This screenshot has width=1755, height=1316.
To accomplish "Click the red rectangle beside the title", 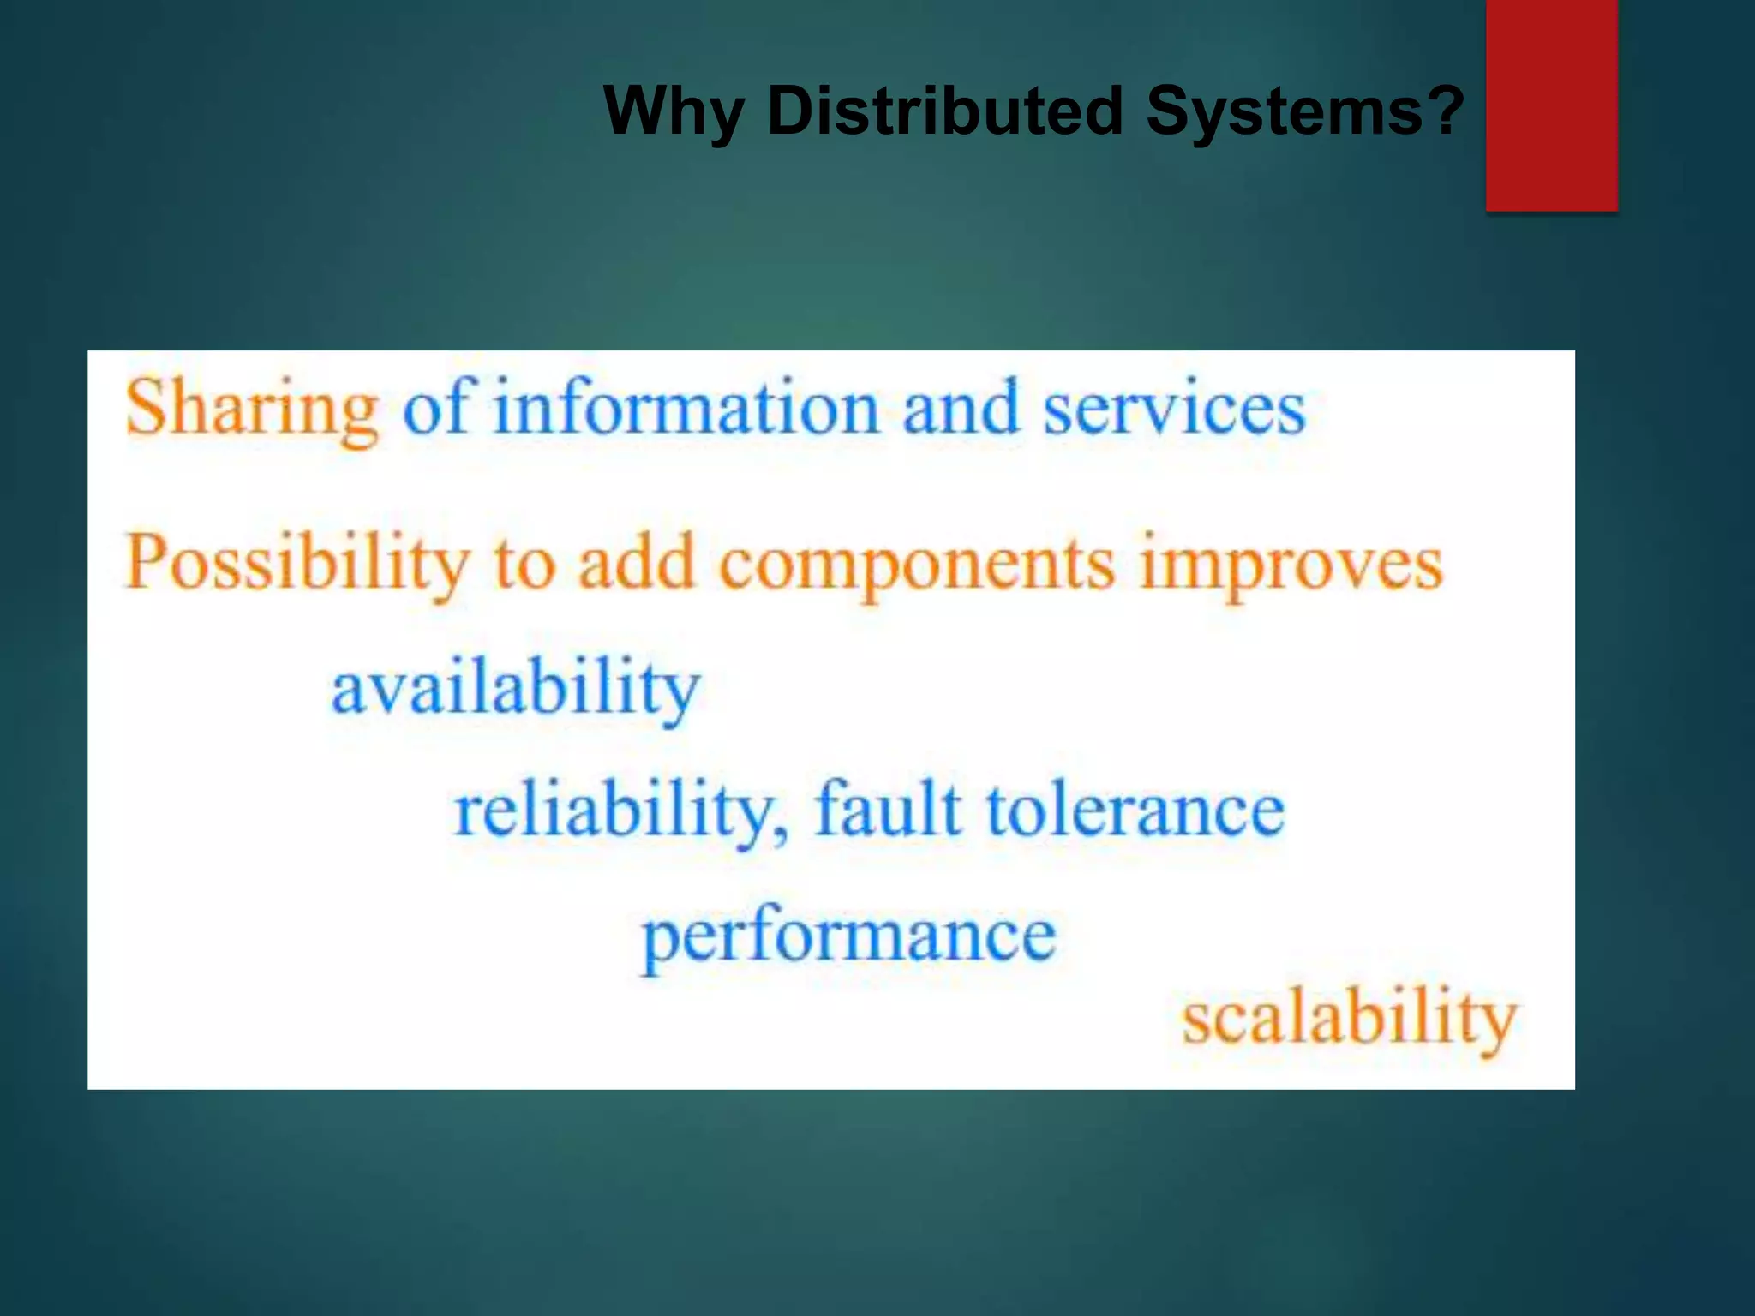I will coord(1551,105).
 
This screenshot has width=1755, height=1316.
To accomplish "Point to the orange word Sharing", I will coord(252,410).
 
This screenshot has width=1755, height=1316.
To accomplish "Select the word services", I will coord(1173,409).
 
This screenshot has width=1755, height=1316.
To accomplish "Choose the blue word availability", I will coord(516,689).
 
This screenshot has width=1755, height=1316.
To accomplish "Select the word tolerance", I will coord(1135,810).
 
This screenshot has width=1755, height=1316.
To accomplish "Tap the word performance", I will coord(849,936).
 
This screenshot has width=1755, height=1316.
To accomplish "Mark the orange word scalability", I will coord(1350,1019).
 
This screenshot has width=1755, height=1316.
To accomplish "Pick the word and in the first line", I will coord(961,409).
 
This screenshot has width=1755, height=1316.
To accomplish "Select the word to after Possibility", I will coord(524,565).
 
